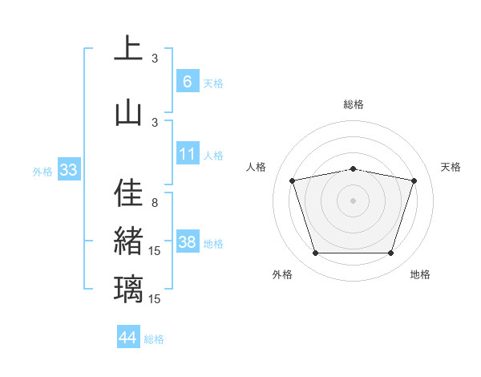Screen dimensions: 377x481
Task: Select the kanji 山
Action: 128,112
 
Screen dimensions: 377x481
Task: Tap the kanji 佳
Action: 128,193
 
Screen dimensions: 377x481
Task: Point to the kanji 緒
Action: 128,241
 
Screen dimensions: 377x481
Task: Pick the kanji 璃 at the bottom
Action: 128,289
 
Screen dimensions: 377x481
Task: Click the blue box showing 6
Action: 187,81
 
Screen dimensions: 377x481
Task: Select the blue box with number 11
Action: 187,154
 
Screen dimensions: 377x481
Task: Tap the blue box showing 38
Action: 188,242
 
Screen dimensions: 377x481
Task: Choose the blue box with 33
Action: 69,169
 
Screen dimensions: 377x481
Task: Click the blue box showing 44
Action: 128,338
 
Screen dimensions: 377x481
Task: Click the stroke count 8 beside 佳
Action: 155,203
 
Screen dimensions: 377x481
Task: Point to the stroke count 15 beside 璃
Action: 156,299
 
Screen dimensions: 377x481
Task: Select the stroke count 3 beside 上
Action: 155,58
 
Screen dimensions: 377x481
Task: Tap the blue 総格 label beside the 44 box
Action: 154,339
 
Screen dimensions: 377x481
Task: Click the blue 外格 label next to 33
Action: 42,171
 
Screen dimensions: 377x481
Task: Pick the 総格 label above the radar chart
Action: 354,104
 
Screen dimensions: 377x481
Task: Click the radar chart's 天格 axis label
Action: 451,167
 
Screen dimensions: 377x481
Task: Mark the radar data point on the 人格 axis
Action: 293,180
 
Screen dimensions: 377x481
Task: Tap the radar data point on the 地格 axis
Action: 390,253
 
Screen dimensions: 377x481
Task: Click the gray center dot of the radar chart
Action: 354,200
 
